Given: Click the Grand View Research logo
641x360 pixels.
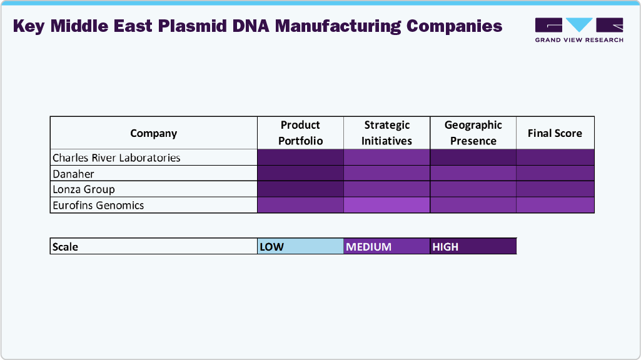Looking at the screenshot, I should pyautogui.click(x=579, y=29).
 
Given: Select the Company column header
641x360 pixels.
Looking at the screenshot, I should pyautogui.click(x=153, y=133).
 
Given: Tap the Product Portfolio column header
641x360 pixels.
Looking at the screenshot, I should pyautogui.click(x=300, y=133).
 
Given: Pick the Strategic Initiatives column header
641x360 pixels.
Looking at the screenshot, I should pyautogui.click(x=386, y=133).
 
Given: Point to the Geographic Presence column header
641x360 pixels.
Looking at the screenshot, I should pyautogui.click(x=473, y=133).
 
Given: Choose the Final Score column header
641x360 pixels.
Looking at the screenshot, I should pyautogui.click(x=555, y=133).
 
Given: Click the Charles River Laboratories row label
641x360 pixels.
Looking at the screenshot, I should pyautogui.click(x=116, y=157).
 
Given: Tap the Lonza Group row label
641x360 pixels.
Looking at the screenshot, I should pyautogui.click(x=84, y=189).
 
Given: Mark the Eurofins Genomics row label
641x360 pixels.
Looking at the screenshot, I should pyautogui.click(x=98, y=205).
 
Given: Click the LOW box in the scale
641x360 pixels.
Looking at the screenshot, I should pyautogui.click(x=300, y=246).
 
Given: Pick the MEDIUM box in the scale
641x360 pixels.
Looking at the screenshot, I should pyautogui.click(x=386, y=246).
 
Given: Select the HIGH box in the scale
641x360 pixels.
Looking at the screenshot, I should pyautogui.click(x=473, y=246).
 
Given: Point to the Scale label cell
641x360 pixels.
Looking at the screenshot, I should pyautogui.click(x=153, y=246).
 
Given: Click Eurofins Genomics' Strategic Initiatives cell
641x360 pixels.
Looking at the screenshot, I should pyautogui.click(x=386, y=205).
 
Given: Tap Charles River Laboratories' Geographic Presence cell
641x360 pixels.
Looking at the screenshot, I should pyautogui.click(x=473, y=157).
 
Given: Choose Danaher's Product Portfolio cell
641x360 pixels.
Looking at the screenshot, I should pyautogui.click(x=300, y=174).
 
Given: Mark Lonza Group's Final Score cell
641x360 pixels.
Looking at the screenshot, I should pyautogui.click(x=555, y=189).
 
